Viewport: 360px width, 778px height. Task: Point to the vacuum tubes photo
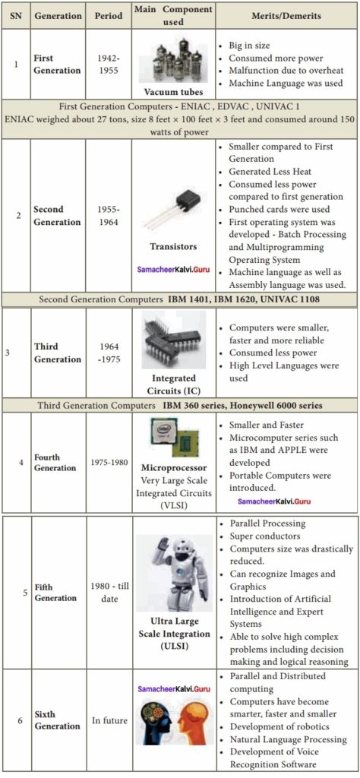(173, 57)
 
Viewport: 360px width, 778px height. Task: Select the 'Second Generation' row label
(57, 215)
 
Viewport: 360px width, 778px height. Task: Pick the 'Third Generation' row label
(57, 353)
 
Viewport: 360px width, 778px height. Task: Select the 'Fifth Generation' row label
(55, 593)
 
